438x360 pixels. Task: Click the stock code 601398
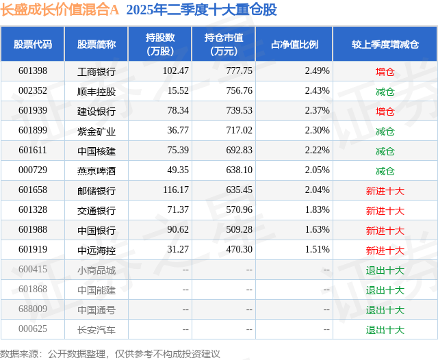pos(33,71)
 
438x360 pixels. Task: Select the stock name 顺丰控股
pos(96,91)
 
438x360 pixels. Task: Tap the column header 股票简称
pos(96,44)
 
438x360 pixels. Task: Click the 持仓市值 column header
pos(211,44)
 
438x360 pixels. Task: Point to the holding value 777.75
pos(239,71)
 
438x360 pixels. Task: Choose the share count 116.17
pos(176,190)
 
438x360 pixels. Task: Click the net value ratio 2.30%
pos(318,131)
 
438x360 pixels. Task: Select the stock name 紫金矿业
pos(96,131)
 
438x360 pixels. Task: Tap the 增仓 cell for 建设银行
pos(385,111)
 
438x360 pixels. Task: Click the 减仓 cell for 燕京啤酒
pos(385,170)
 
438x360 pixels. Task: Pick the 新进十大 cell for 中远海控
pos(385,250)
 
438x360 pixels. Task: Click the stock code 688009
pos(33,309)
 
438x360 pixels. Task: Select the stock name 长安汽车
pos(96,329)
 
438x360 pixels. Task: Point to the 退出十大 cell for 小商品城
pos(385,270)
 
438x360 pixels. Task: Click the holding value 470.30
pos(239,250)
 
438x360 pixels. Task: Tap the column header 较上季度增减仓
pos(385,44)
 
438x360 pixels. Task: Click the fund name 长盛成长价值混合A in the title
pos(60,10)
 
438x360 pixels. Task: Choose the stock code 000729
pos(33,170)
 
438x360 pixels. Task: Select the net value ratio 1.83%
pos(318,210)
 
